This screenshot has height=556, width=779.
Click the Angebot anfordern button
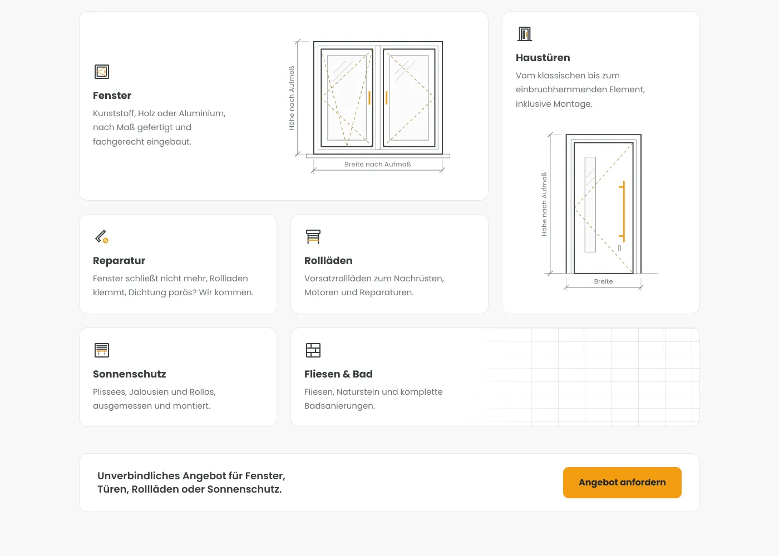[x=622, y=483]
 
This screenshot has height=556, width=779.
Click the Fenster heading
[x=112, y=96]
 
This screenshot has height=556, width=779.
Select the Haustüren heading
[x=543, y=58]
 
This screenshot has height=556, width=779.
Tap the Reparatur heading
[x=119, y=261]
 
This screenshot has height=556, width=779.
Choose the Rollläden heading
[x=328, y=261]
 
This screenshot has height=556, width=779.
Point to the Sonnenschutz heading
[x=129, y=374]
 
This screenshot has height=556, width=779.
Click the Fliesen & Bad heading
[x=338, y=374]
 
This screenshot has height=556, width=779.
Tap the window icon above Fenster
[x=102, y=72]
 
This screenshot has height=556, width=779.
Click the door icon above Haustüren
[x=524, y=34]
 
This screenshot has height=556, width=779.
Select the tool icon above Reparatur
[x=101, y=237]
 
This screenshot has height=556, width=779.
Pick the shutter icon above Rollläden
[x=313, y=237]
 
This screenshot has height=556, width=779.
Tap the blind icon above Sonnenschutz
[x=102, y=350]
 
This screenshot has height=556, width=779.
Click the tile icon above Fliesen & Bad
[x=313, y=350]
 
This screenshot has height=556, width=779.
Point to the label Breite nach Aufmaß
[x=378, y=165]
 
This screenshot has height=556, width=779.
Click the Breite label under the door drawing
[x=603, y=281]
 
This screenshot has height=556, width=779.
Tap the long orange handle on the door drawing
[x=624, y=211]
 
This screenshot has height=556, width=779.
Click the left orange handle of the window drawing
[x=369, y=98]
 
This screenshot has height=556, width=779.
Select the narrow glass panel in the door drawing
[x=590, y=205]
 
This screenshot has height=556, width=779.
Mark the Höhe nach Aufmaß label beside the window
[x=292, y=98]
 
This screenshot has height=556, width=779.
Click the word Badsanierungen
[x=339, y=406]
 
